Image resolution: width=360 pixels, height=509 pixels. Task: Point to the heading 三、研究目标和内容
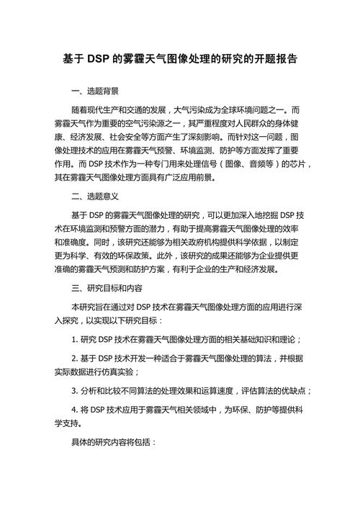coord(103,287)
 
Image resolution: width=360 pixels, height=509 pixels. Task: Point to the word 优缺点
coord(295,391)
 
